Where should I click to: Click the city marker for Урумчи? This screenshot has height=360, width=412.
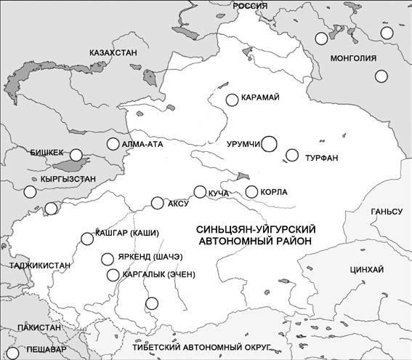(x=270, y=144)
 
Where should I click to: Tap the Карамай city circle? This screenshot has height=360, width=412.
(x=232, y=100)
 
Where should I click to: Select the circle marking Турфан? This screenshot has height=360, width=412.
(x=292, y=155)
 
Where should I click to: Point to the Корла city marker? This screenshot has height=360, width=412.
(x=251, y=192)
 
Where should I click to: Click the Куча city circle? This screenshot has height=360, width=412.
(x=200, y=192)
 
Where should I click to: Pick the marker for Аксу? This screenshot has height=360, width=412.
(x=157, y=203)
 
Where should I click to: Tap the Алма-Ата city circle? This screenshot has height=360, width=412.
(x=113, y=144)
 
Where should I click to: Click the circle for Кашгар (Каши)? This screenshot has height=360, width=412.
(x=86, y=236)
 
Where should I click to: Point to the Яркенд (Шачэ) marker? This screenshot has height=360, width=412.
(x=107, y=258)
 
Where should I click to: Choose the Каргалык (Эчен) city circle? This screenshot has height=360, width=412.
(x=112, y=274)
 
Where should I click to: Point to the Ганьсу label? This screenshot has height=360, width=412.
(x=386, y=212)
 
